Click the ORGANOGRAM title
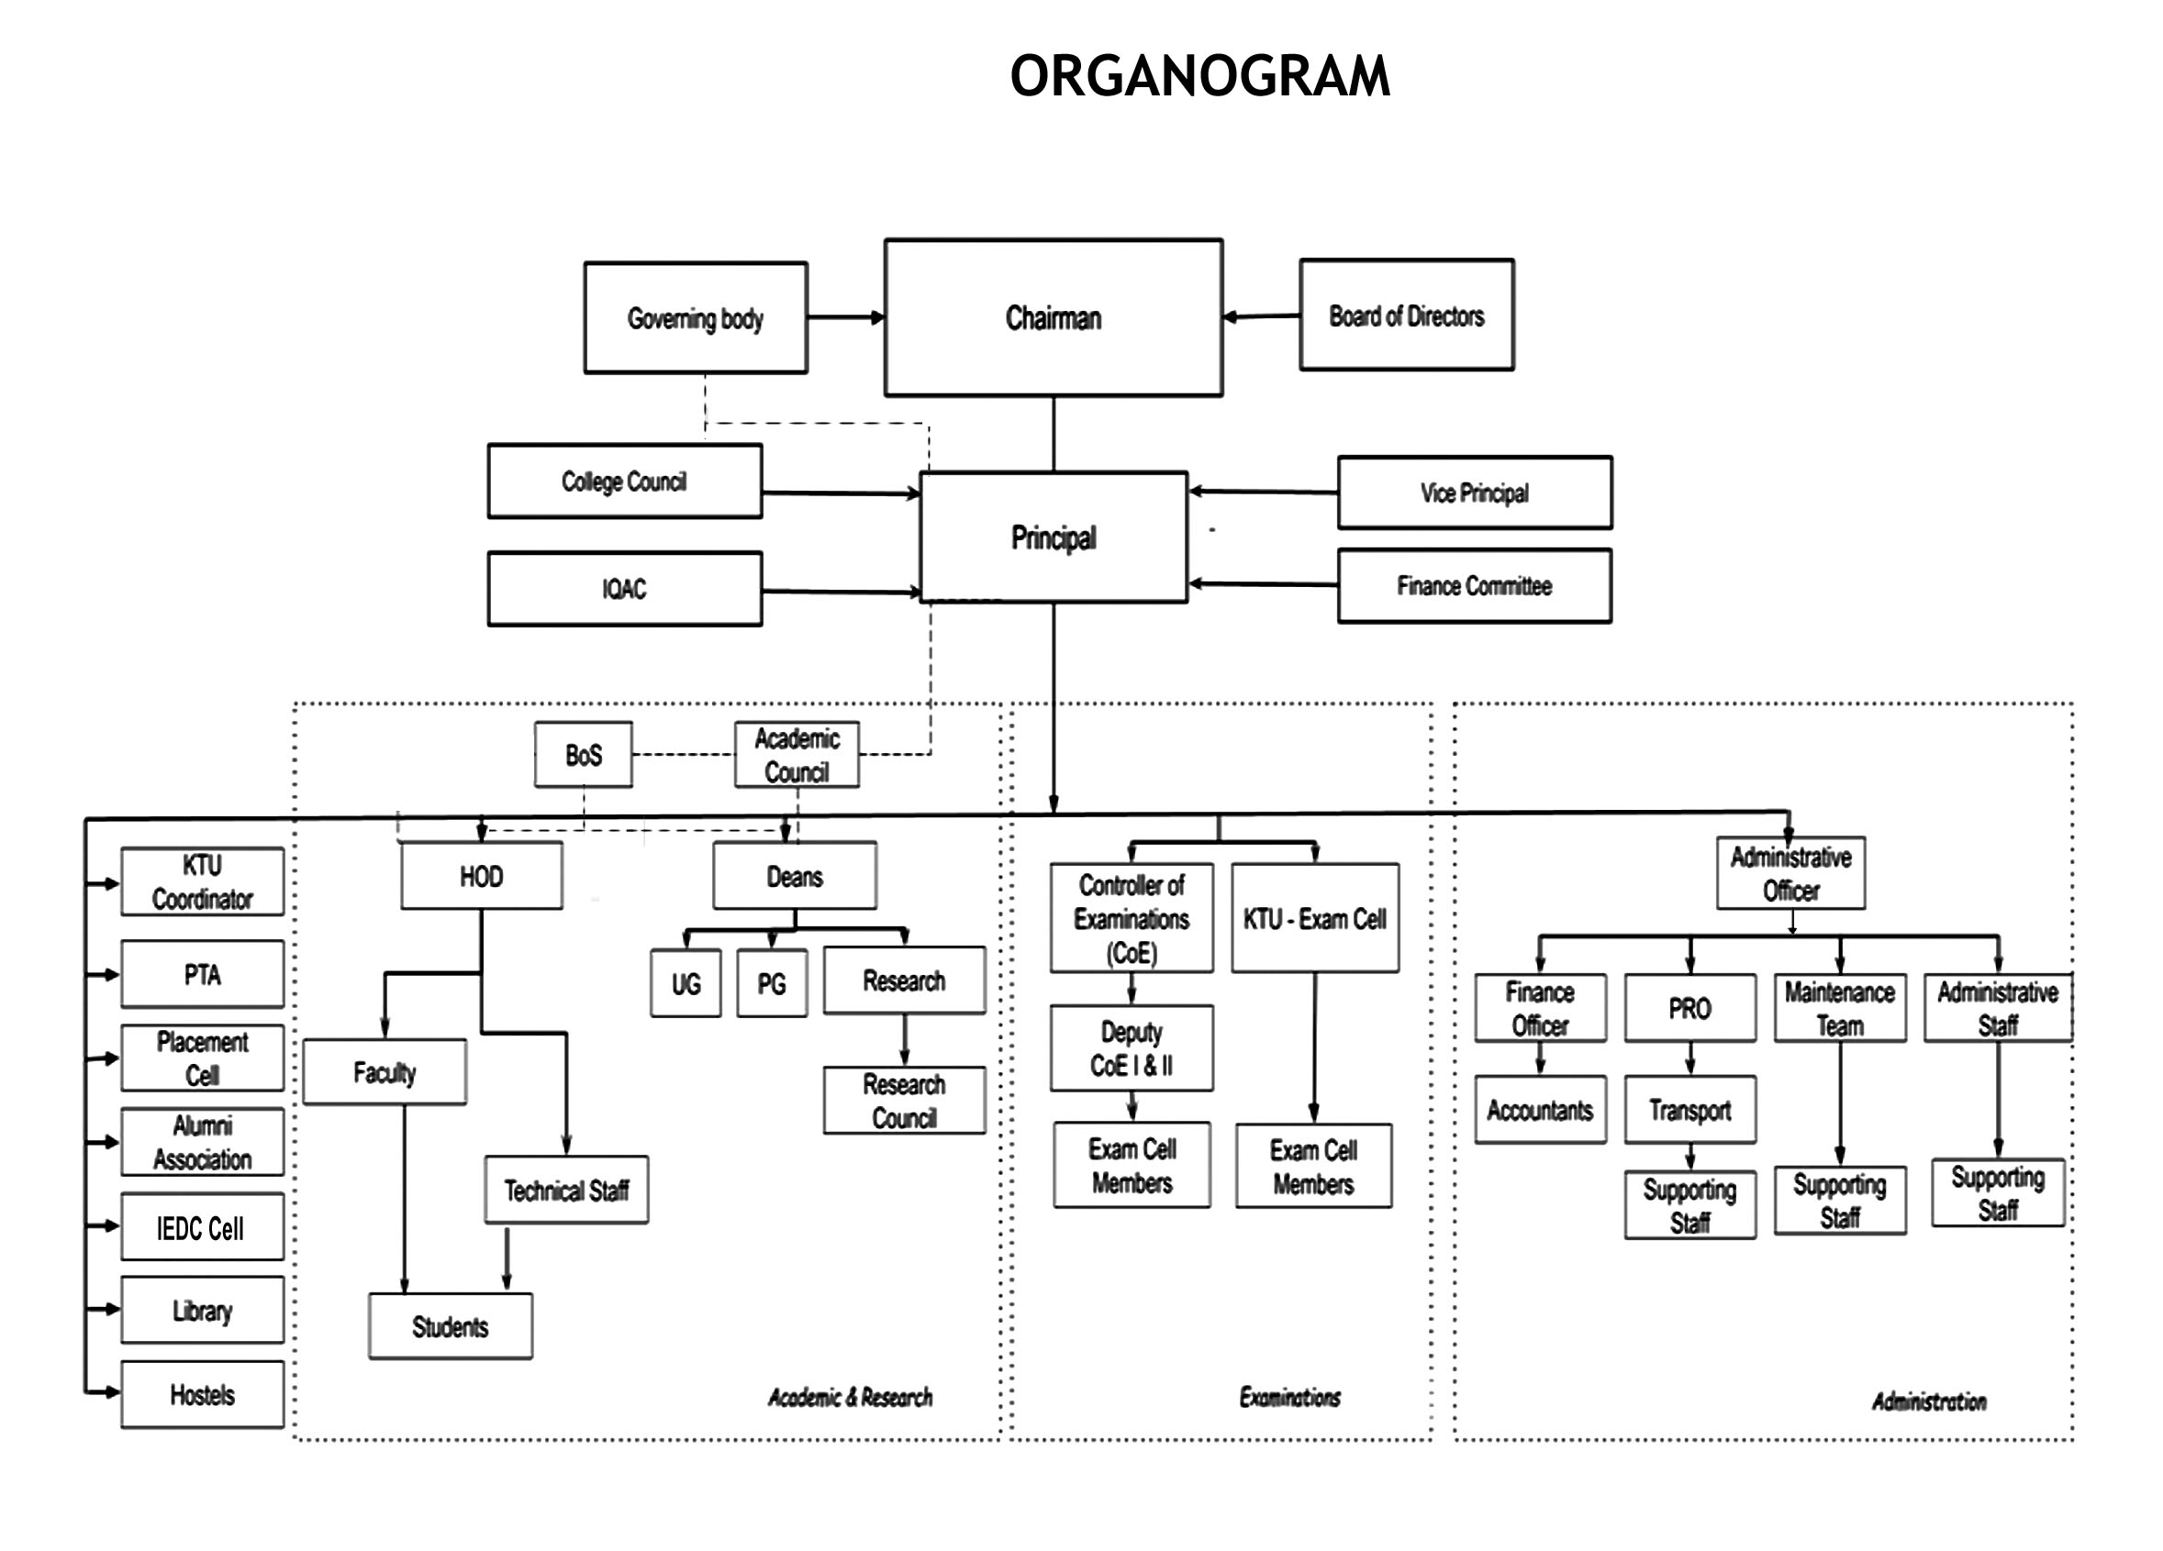point(1199,76)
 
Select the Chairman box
point(1053,317)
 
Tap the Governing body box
point(696,317)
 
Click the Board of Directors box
point(1406,316)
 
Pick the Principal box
point(1053,537)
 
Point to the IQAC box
point(624,588)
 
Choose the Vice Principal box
point(1474,493)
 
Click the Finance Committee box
point(1474,585)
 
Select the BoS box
point(583,755)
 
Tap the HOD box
point(481,876)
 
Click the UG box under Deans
point(686,984)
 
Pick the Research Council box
point(904,1101)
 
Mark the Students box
point(451,1326)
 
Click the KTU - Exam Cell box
point(1314,919)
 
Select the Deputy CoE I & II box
point(1132,1048)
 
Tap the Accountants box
point(1539,1111)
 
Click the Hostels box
point(202,1395)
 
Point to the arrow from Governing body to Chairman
point(845,317)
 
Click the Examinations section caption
point(1289,1398)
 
